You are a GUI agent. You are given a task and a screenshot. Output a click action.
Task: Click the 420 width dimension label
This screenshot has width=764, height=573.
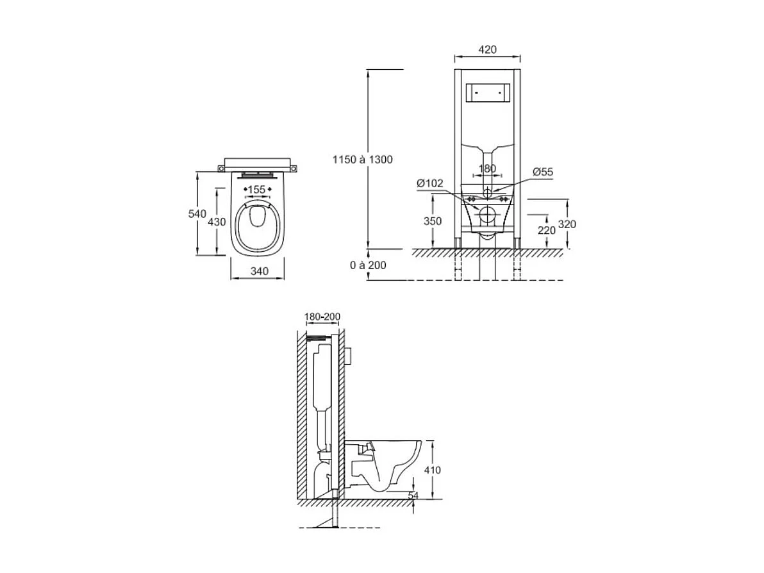tap(487, 49)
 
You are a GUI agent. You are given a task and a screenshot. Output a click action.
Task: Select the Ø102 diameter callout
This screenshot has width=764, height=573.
tap(429, 183)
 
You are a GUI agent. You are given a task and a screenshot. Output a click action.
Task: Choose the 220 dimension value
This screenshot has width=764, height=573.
tap(546, 231)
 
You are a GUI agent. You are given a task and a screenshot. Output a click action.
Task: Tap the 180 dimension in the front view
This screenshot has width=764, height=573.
tap(488, 169)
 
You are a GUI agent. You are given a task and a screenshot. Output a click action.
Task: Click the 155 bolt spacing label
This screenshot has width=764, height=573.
tap(257, 189)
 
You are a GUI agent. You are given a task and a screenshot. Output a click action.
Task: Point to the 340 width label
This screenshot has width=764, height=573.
tap(259, 271)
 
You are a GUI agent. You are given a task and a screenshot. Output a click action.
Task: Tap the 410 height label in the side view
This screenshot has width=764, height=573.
tap(432, 469)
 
